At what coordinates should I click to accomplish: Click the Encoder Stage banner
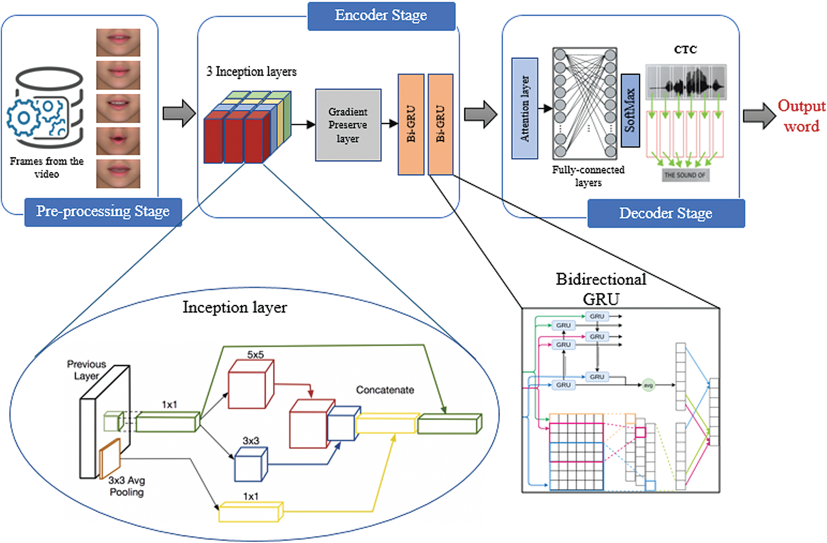[x=381, y=16]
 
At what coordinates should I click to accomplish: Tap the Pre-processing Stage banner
[x=103, y=212]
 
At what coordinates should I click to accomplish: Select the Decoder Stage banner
[x=665, y=214]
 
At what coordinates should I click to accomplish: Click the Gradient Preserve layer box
[x=348, y=125]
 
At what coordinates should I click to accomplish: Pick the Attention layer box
[x=525, y=109]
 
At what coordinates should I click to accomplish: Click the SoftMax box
[x=630, y=110]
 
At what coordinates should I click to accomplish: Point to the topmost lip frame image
[x=118, y=42]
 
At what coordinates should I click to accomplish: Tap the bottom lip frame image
[x=118, y=174]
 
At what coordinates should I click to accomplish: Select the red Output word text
[x=801, y=116]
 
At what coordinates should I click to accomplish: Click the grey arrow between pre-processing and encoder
[x=179, y=113]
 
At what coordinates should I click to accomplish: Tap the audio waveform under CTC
[x=685, y=83]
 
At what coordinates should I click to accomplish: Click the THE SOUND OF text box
[x=685, y=175]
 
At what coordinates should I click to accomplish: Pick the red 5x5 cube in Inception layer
[x=250, y=385]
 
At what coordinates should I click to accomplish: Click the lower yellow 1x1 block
[x=250, y=512]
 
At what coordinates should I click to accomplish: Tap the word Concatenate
[x=385, y=390]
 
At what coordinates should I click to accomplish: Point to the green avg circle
[x=648, y=385]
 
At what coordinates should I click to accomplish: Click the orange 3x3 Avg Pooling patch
[x=110, y=458]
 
